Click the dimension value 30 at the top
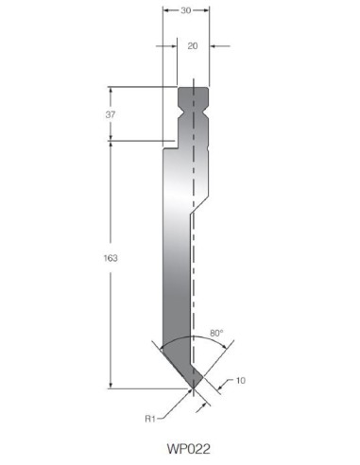coord(186,10)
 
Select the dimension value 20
coord(193,46)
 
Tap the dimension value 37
coord(111,114)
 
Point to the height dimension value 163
coord(111,258)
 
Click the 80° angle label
coord(216,333)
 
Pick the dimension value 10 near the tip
coord(240,381)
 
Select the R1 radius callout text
coord(150,419)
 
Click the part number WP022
coord(188,449)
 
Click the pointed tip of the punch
coord(193,388)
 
